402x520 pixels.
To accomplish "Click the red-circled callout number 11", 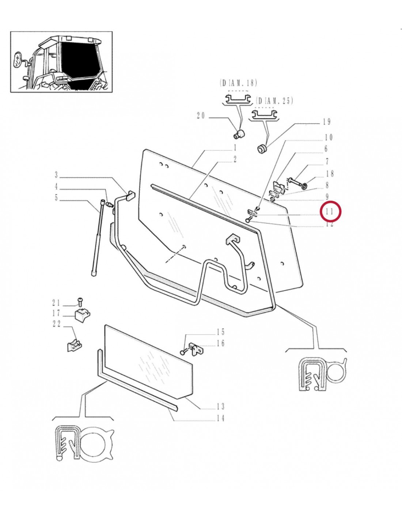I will (x=330, y=211).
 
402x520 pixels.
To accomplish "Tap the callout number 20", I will (x=201, y=116).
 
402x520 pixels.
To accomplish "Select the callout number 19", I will (x=327, y=122).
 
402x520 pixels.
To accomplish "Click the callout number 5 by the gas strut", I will (x=56, y=198).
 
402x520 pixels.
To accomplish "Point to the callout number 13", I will (x=220, y=406).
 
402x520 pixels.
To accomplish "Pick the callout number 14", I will (x=220, y=418).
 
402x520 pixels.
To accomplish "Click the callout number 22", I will (x=57, y=324).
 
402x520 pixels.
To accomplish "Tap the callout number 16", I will (x=220, y=343).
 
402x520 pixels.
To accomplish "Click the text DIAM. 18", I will (x=239, y=83).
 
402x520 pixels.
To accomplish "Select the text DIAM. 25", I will (x=275, y=101).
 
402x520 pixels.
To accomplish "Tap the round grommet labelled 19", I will (x=262, y=149).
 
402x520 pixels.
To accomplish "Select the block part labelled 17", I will (x=83, y=314).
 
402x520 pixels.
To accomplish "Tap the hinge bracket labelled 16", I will (x=197, y=349).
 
